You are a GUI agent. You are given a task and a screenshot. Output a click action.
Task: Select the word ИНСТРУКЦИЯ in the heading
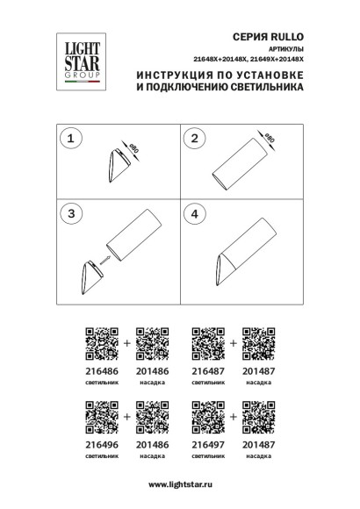(176, 76)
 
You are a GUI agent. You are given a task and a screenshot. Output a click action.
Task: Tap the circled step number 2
(197, 138)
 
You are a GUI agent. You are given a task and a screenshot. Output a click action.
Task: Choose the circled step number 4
(197, 213)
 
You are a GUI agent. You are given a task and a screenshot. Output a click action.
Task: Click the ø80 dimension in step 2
(270, 139)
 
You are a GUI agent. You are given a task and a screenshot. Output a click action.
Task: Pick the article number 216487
(207, 372)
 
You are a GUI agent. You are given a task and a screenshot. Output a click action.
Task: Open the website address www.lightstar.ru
(180, 484)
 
